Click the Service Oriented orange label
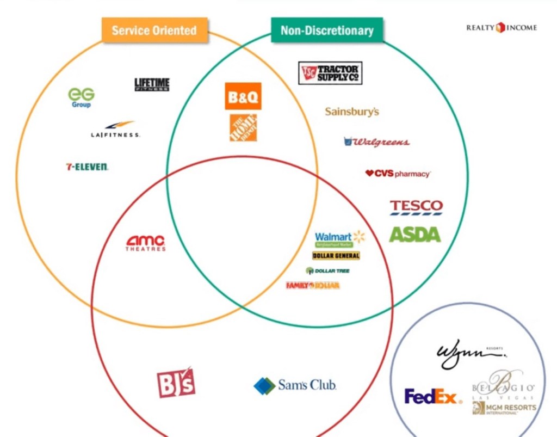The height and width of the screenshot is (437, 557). coord(154,30)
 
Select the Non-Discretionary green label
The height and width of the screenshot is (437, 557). coord(327,30)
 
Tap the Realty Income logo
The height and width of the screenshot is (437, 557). coord(501,27)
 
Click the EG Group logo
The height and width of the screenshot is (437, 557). coord(81,97)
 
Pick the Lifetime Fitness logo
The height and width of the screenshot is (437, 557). coord(152,84)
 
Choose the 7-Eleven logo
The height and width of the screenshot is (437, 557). coord(87,167)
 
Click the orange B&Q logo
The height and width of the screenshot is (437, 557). coord(243,96)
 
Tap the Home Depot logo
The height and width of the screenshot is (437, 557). coord(243,127)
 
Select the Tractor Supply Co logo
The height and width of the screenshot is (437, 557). coord(330,73)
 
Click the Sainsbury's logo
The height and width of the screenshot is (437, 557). coord(352,112)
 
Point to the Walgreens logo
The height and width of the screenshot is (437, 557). coord(376,141)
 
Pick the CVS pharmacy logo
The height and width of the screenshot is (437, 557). coord(398,174)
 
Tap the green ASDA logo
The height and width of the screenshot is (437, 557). coord(414,235)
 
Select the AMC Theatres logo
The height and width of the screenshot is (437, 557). coord(146,243)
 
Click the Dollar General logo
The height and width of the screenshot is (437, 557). coord(336,256)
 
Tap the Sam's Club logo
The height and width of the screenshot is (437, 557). coord(295,385)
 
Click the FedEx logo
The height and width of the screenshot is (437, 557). coord(433,397)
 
